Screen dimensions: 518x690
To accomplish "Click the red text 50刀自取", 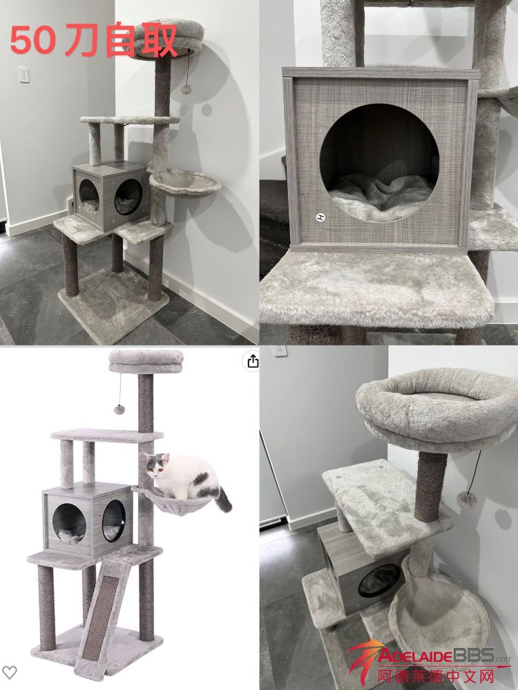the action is pos(93,39).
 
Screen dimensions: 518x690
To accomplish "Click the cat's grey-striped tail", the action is pos(223,499).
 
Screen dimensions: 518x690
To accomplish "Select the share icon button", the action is pos(252,362).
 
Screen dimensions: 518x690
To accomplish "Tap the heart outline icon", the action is pos(9,672).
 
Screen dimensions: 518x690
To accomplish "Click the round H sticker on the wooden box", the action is pos(320,217).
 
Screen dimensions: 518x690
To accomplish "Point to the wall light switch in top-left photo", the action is pos(23,75).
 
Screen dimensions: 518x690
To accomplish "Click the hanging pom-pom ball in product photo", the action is pos(119,409).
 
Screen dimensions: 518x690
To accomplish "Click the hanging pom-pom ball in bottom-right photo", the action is pos(466,500).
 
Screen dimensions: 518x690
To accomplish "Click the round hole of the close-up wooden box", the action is pos(378,163).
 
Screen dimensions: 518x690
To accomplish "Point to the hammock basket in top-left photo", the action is pos(185,181).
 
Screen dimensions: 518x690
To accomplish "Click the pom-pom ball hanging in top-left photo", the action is pos(186,89).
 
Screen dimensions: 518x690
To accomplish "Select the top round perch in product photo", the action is pos(146,362).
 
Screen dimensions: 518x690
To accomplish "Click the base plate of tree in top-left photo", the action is pos(113,304).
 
